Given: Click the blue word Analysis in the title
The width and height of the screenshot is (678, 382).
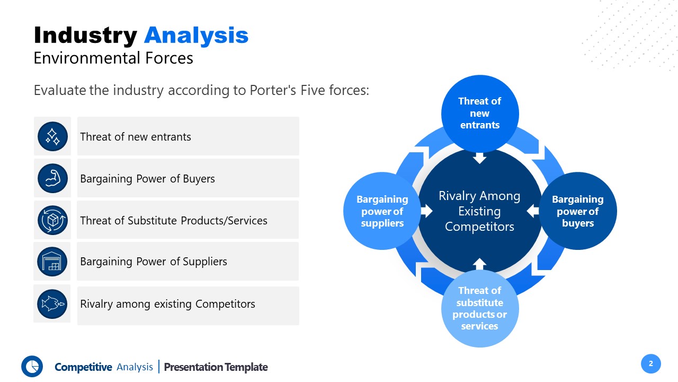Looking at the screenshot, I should (x=196, y=36).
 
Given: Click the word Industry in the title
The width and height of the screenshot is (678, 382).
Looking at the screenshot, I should (x=85, y=36).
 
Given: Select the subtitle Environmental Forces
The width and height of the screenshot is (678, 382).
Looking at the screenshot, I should (x=113, y=58).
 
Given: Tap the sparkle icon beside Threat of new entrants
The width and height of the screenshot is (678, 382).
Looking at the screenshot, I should (x=52, y=136).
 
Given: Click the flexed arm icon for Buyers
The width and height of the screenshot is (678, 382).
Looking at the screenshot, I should (x=52, y=178).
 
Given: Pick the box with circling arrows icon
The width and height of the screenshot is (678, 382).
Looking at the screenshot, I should (x=52, y=220).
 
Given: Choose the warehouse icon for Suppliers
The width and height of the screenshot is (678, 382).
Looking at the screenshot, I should (x=52, y=262).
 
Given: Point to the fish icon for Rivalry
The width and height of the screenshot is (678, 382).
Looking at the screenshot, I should (x=52, y=304).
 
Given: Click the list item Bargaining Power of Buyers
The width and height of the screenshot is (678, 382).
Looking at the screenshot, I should (x=147, y=179).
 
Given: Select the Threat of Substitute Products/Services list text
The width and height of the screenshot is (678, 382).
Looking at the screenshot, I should (x=173, y=220).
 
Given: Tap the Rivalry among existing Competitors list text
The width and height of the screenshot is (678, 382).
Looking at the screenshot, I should (x=167, y=304).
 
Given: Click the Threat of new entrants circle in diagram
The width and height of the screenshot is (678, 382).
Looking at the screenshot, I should (x=480, y=113).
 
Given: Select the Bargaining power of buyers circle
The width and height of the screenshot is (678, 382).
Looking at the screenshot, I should (x=578, y=211).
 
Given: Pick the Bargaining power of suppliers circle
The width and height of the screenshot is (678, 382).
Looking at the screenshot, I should (x=382, y=211).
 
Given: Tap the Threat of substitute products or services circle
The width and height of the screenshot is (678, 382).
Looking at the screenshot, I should (x=479, y=308).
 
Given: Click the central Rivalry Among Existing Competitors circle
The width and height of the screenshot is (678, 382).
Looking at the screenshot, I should (x=479, y=211).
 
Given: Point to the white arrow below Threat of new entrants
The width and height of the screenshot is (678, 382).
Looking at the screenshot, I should (x=479, y=158).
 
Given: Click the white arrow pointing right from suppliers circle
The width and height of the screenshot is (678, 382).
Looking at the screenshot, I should (x=426, y=211).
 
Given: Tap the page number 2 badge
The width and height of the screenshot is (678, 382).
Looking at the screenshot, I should (x=651, y=363).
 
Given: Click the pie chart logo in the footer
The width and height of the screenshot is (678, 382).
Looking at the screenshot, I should (x=32, y=366).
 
